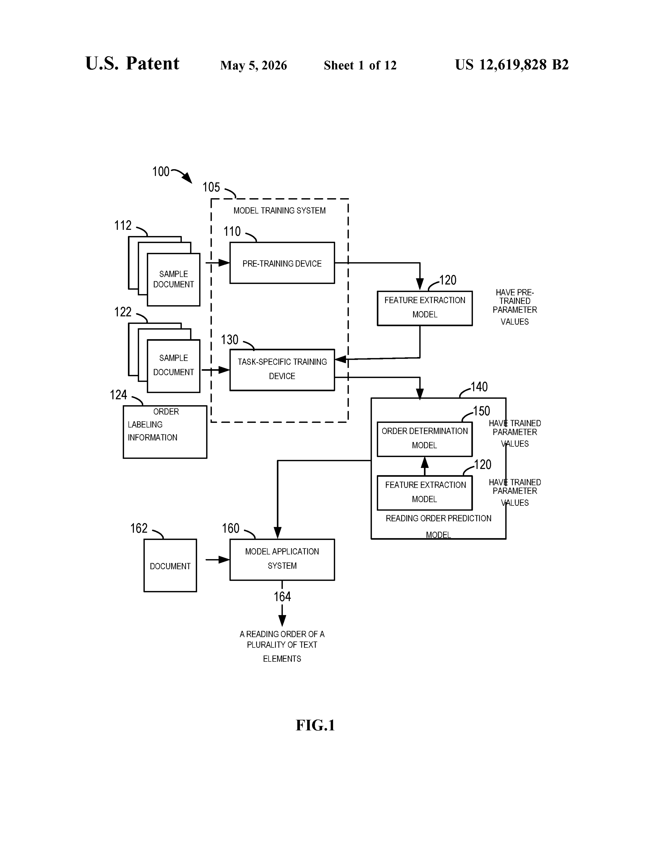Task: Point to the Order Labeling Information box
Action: click(165, 432)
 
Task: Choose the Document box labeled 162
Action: click(170, 565)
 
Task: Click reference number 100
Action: click(160, 171)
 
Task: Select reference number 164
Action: click(282, 597)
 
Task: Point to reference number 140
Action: click(479, 387)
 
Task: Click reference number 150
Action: click(481, 411)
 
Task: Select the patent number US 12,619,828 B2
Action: click(511, 65)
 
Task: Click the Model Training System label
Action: click(280, 211)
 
